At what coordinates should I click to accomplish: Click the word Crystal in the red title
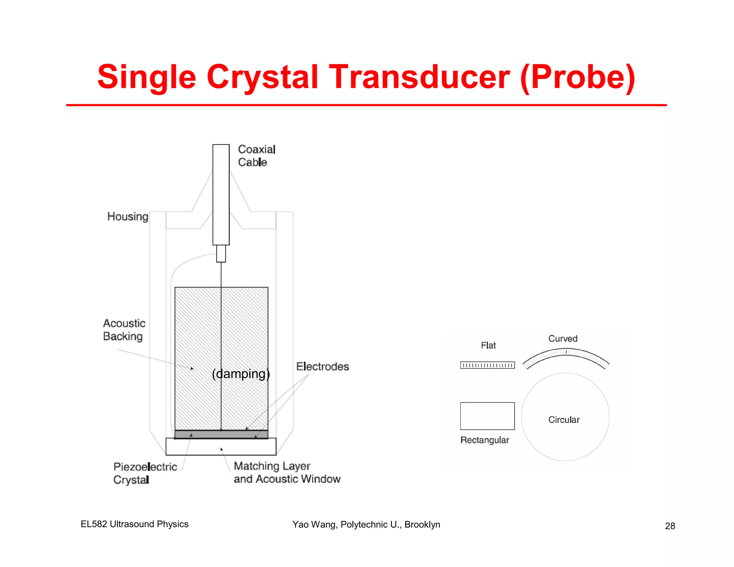(262, 77)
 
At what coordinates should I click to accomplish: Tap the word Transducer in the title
(419, 77)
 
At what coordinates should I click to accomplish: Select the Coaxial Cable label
(256, 156)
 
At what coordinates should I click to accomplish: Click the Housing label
(128, 216)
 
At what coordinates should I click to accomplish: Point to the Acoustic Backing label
(124, 330)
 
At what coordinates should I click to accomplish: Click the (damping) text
(241, 374)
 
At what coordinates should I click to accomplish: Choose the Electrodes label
(322, 366)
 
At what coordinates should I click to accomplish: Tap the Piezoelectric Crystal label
(145, 473)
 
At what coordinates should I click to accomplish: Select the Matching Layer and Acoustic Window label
(287, 472)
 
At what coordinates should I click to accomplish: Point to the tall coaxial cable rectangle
(221, 195)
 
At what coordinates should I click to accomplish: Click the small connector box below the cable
(221, 253)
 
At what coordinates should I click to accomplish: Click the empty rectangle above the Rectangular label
(487, 416)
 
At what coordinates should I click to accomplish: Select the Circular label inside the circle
(564, 420)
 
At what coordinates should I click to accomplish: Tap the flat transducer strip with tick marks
(487, 365)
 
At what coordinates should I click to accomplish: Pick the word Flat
(488, 346)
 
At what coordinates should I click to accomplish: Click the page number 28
(670, 526)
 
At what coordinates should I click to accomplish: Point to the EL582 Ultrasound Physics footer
(134, 524)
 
